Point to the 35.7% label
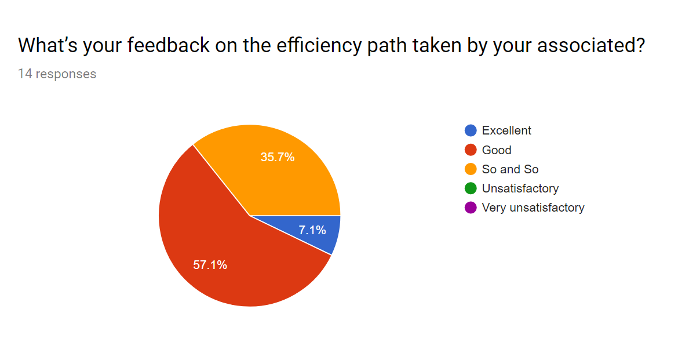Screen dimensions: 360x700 (x=278, y=157)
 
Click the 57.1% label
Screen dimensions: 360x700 (x=210, y=265)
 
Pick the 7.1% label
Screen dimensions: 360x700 (x=312, y=230)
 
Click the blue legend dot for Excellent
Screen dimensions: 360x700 (x=471, y=130)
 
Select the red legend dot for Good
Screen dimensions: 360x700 (x=471, y=150)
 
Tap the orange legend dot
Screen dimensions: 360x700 (x=471, y=169)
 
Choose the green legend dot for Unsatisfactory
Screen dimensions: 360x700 (x=471, y=188)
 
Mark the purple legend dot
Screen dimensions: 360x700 (x=471, y=208)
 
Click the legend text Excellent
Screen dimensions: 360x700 (x=506, y=130)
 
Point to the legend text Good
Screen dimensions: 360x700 (x=497, y=150)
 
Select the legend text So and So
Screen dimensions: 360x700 (x=510, y=169)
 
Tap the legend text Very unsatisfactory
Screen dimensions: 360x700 (x=533, y=208)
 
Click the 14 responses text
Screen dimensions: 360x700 (x=57, y=74)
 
